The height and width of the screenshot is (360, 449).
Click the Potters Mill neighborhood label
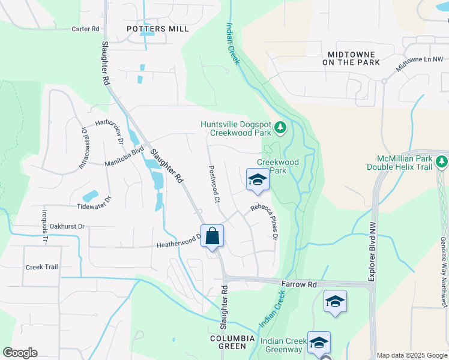[158, 29]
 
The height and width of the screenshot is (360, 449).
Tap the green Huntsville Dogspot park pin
[280, 127]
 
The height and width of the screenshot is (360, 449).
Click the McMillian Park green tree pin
[442, 162]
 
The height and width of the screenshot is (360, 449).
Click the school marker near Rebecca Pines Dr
[258, 180]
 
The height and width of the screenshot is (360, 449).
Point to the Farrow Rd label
[298, 283]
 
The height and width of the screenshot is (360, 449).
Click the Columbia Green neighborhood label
[228, 342]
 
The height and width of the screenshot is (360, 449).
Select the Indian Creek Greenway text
[283, 346]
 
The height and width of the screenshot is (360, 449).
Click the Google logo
[20, 353]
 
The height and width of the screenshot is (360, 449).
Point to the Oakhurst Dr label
[67, 226]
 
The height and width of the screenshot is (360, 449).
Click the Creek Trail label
[42, 267]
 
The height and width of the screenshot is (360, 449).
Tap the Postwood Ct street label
[213, 184]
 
